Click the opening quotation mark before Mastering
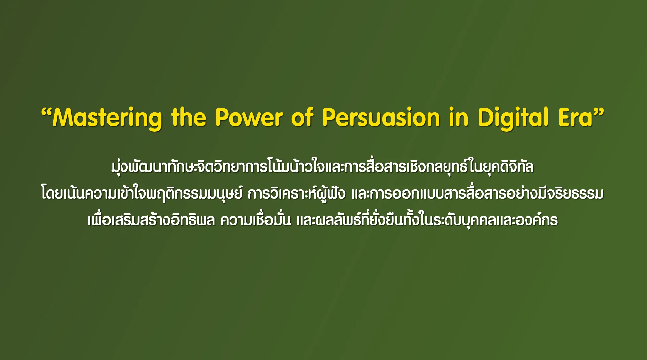[47, 112]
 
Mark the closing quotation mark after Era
[599, 112]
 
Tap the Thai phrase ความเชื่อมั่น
[256, 220]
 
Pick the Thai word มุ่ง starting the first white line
[119, 167]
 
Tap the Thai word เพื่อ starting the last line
[100, 220]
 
